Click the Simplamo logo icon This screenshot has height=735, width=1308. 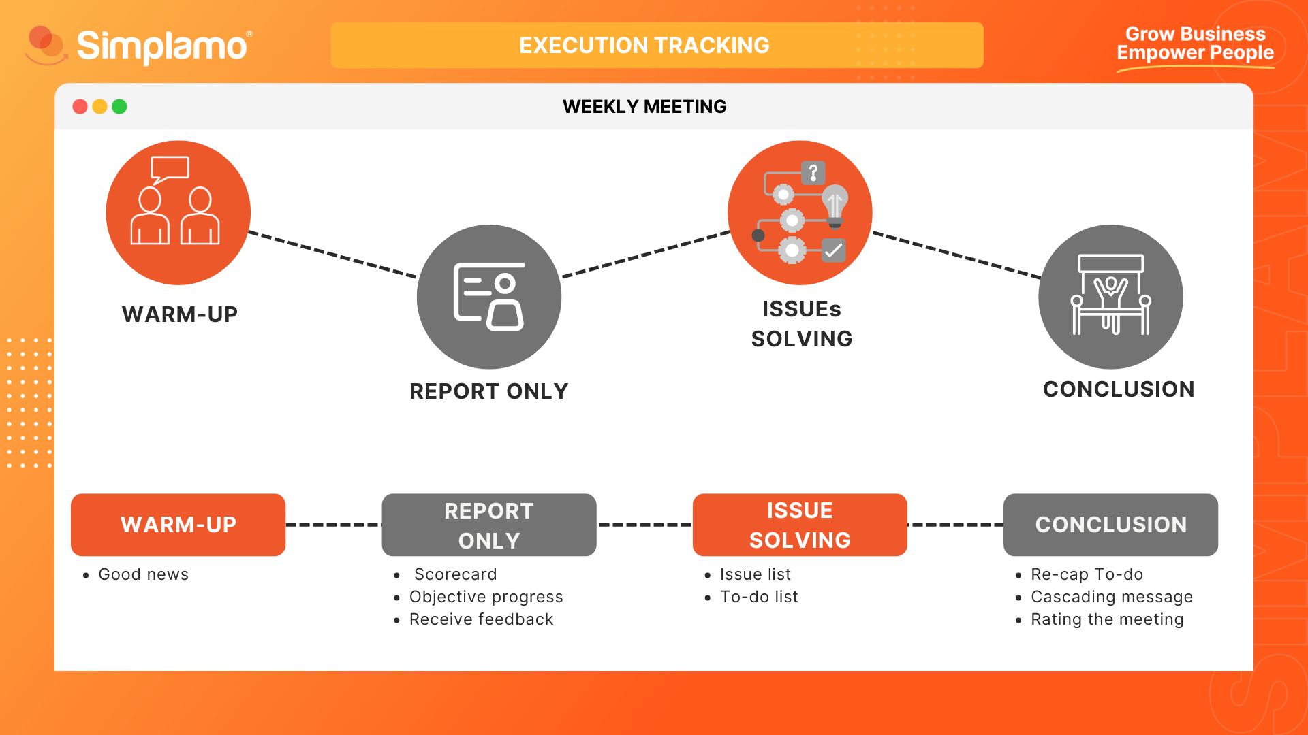click(46, 45)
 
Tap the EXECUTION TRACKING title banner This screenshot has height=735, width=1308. click(657, 45)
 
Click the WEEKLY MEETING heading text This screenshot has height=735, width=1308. click(644, 107)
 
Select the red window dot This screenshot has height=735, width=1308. click(80, 107)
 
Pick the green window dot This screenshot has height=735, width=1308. click(119, 107)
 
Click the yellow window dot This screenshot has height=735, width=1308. click(99, 107)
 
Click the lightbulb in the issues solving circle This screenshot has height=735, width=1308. click(835, 206)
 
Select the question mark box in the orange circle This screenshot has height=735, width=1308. click(813, 173)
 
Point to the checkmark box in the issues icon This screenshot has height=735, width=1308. click(833, 250)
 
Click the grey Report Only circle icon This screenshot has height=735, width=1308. click(489, 297)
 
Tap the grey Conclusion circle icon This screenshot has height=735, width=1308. click(1110, 297)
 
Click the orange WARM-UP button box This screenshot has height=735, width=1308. click(178, 525)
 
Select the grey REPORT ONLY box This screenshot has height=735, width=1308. click(489, 525)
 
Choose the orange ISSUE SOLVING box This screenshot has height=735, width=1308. click(800, 525)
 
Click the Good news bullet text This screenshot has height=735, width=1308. click(143, 574)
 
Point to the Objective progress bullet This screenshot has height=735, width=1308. click(486, 597)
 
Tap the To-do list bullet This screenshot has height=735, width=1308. click(759, 597)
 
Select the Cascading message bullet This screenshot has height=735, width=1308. click(1112, 597)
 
